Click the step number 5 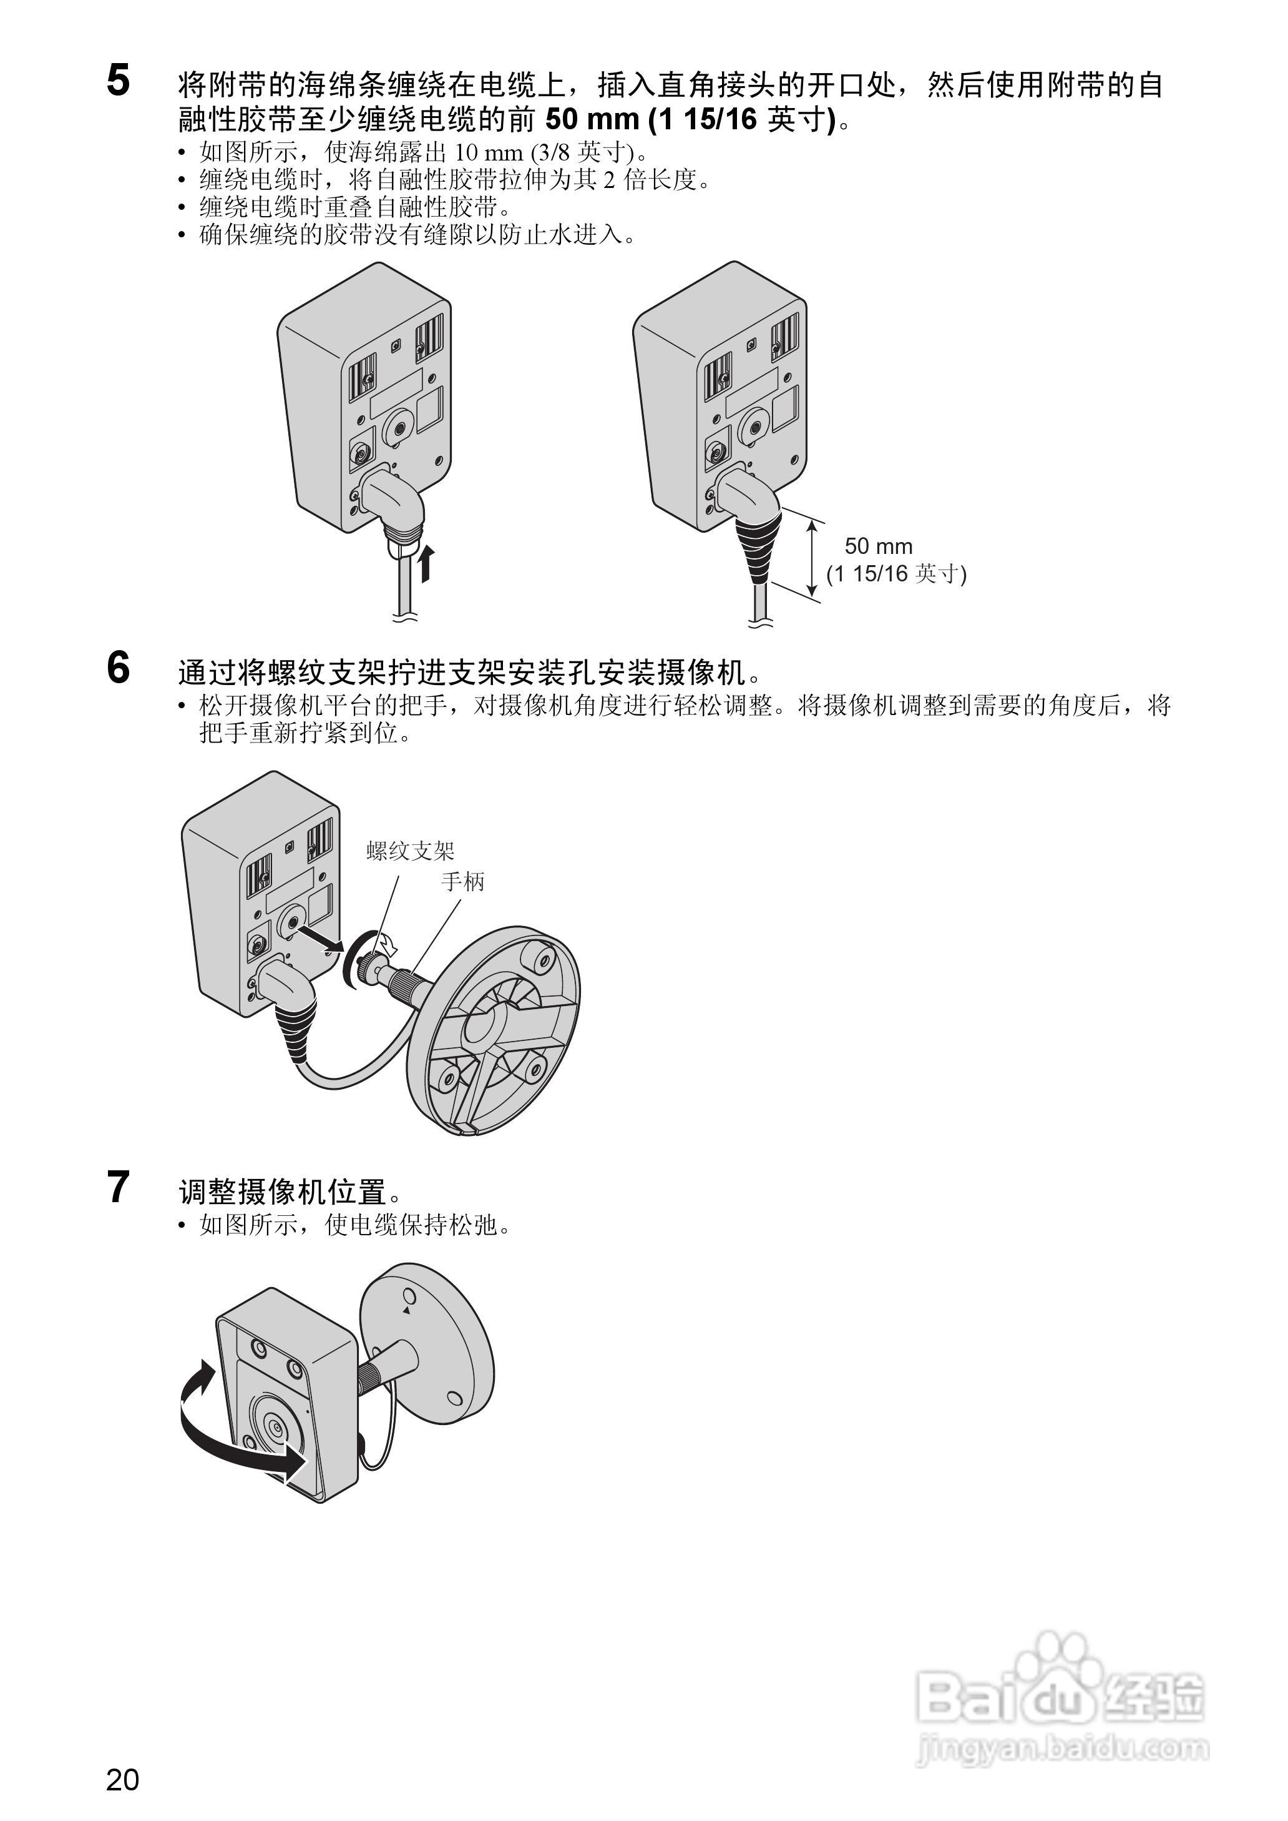point(118,82)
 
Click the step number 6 point(118,668)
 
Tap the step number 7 point(118,1187)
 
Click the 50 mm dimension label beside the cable point(878,546)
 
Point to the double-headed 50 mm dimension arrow point(811,557)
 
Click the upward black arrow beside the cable point(427,563)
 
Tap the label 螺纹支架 point(410,851)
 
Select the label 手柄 point(462,882)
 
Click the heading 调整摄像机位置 point(283,1191)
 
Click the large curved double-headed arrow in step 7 point(230,1437)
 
